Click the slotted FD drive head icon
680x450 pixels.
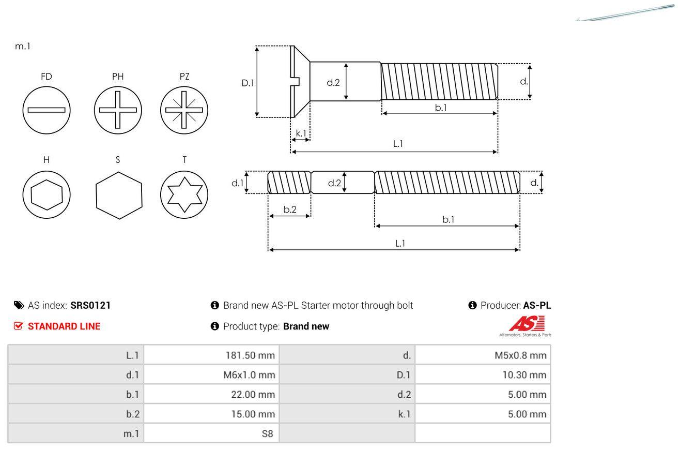pos(47,110)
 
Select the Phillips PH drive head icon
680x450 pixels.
pos(118,110)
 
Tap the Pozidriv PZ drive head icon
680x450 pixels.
pos(184,110)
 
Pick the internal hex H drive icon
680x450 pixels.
pos(47,194)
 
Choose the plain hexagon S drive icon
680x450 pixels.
pos(118,194)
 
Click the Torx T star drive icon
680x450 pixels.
pos(184,194)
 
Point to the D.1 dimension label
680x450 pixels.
pos(248,82)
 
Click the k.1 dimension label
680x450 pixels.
pos(301,133)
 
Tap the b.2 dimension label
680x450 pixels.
pos(290,209)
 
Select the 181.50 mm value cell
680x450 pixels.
pos(211,355)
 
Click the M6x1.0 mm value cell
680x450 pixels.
pos(211,375)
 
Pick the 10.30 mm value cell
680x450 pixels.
pos(483,375)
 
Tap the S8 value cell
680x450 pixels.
pos(211,433)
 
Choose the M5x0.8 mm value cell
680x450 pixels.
pos(483,355)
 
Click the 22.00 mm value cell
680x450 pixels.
pos(211,395)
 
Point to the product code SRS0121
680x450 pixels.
pos(90,305)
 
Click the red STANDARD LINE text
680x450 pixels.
pos(64,326)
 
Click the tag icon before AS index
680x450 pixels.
pos(18,305)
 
